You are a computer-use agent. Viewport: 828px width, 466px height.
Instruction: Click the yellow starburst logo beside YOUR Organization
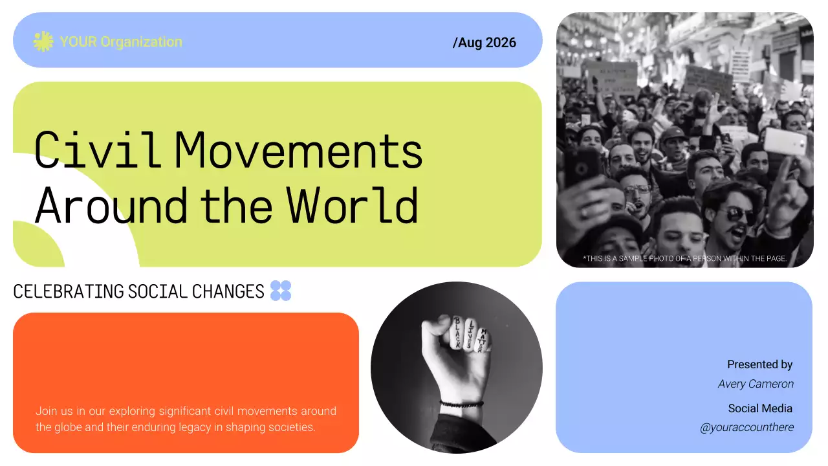[x=43, y=42]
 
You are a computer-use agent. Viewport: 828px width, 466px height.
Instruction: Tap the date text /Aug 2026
[x=485, y=43]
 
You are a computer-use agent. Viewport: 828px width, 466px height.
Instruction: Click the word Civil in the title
[x=97, y=150]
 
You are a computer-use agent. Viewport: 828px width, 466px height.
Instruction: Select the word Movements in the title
[x=299, y=150]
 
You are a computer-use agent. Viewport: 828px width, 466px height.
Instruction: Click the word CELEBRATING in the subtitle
[x=69, y=292]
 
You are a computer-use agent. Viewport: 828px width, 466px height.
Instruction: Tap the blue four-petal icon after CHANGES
[x=281, y=291]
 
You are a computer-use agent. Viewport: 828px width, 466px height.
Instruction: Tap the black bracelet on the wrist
[x=461, y=405]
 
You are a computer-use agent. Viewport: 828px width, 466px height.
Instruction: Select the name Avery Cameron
[x=756, y=384]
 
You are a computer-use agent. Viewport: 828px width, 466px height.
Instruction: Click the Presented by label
[x=759, y=364]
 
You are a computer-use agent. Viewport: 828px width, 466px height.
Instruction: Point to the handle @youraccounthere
[x=746, y=428]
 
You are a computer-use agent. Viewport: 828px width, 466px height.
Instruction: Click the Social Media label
[x=760, y=408]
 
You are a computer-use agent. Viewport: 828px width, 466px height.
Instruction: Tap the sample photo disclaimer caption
[x=684, y=258]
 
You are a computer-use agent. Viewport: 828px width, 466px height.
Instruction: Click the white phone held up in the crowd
[x=785, y=140]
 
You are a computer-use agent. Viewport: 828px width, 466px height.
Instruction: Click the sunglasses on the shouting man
[x=737, y=214]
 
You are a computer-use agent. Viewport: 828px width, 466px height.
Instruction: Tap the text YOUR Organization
[x=121, y=42]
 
